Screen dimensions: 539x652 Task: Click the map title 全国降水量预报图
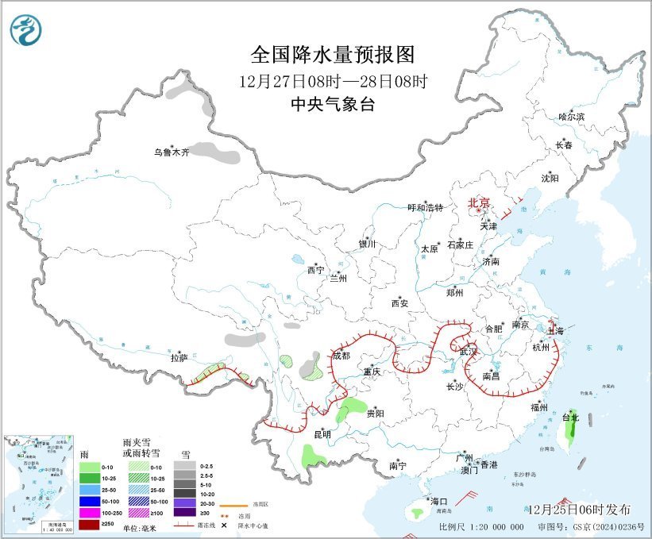point(333,55)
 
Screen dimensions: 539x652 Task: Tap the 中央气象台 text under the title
point(333,104)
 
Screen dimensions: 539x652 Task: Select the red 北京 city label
point(480,202)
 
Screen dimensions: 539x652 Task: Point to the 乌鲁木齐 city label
point(172,152)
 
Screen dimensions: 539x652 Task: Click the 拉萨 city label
point(178,358)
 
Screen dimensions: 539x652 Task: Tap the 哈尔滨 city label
point(570,117)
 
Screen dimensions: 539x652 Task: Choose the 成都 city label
point(341,356)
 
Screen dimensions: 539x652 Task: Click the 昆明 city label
point(322,433)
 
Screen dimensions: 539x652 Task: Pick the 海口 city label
point(439,501)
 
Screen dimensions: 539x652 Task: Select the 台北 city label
point(570,417)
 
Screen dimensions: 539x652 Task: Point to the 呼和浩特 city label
point(425,207)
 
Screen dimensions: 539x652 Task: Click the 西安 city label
point(399,302)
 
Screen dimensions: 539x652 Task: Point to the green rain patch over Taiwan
point(569,431)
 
